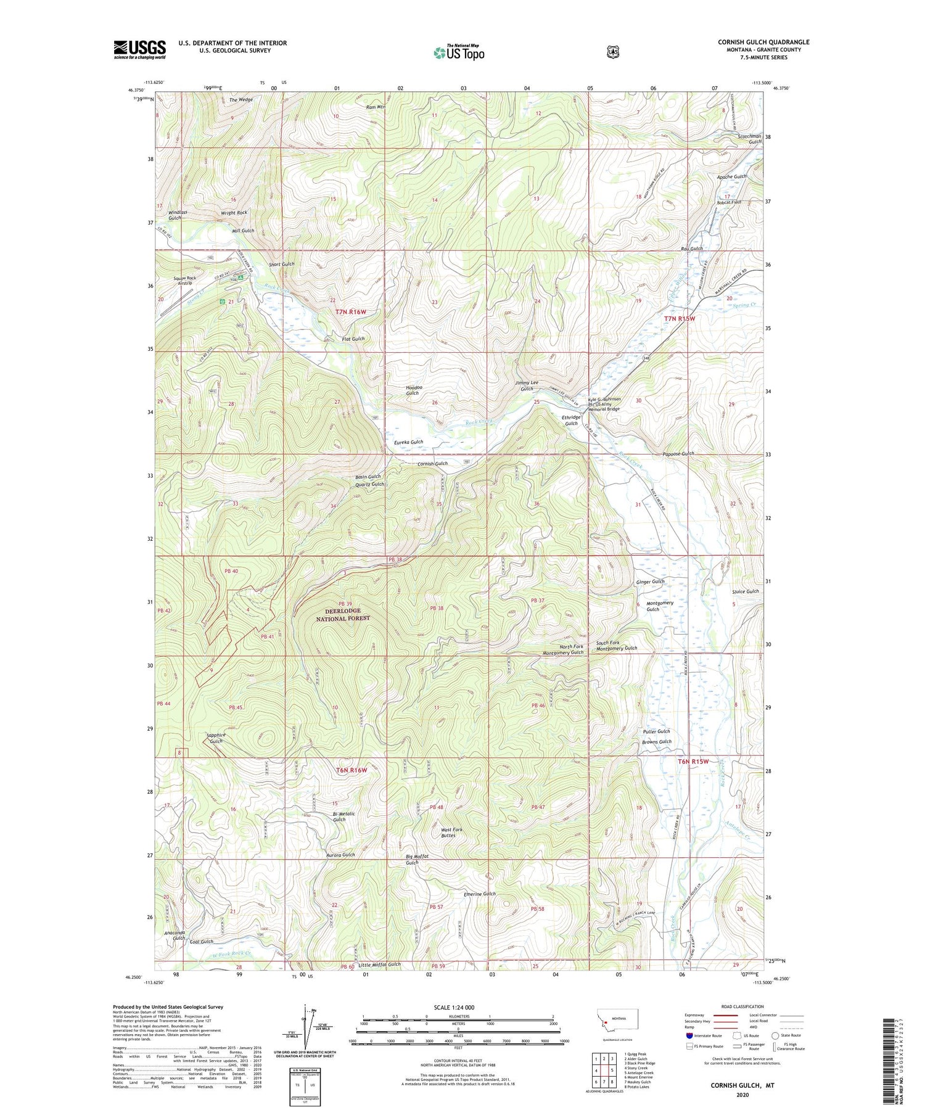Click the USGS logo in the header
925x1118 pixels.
(x=139, y=49)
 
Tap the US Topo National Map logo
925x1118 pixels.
(x=459, y=52)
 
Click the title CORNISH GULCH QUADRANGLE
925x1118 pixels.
(x=763, y=42)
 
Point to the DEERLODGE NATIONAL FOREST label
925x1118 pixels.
(x=343, y=614)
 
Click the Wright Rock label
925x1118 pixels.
(x=234, y=213)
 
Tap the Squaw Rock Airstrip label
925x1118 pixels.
(x=184, y=281)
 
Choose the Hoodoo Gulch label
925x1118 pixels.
(x=412, y=390)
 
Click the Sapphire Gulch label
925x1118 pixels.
(x=216, y=738)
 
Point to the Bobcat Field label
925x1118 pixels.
(x=728, y=202)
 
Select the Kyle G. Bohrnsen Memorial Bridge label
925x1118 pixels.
(x=604, y=404)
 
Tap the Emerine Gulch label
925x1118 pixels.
(x=479, y=894)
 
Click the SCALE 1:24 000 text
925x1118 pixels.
(x=457, y=1008)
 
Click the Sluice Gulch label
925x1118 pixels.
(x=745, y=591)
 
